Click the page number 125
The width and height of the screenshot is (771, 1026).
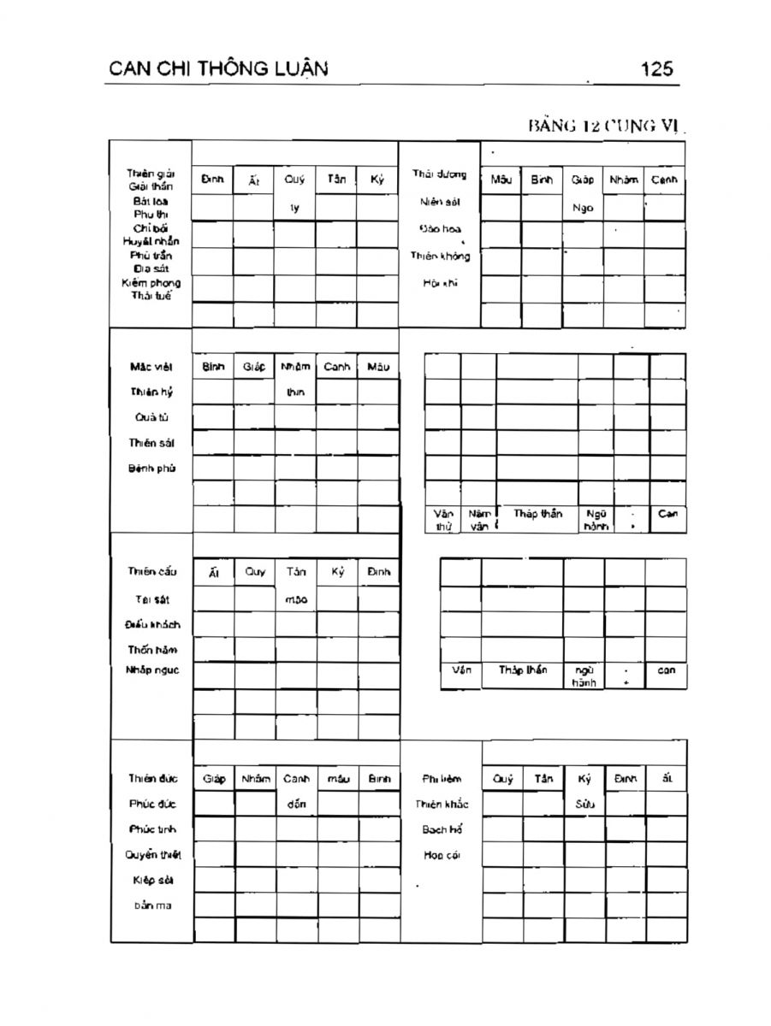tap(656, 68)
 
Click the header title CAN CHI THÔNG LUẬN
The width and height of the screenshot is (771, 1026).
tap(219, 68)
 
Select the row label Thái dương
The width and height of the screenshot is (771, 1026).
tap(440, 174)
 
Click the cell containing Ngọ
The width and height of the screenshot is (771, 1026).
tap(582, 208)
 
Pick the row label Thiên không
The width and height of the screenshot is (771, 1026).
tap(440, 256)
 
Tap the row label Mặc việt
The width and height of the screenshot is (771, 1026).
tap(151, 368)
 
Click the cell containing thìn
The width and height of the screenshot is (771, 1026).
tap(295, 393)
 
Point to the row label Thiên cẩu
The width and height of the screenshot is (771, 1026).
tap(152, 572)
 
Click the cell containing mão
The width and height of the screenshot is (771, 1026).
tap(296, 600)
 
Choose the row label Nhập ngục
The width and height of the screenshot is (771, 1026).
tap(152, 670)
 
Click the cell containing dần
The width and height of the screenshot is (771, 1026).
tap(296, 805)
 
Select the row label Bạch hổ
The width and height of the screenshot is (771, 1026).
tap(442, 829)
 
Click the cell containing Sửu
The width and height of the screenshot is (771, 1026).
tap(584, 805)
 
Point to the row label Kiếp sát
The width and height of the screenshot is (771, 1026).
tap(152, 880)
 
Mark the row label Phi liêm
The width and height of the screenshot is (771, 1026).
tap(442, 779)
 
